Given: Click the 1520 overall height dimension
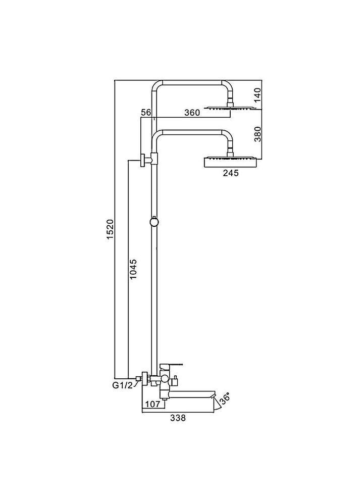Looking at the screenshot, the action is [110, 229].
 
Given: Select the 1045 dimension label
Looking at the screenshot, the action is [133, 269].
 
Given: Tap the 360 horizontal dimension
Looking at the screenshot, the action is [192, 113].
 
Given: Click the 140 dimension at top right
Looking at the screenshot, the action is [258, 94].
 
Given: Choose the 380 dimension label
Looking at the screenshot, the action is [258, 134].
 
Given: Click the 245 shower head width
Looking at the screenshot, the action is [231, 173].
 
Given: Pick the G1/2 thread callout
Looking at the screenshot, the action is [122, 386].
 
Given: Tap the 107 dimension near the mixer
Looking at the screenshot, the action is [152, 404].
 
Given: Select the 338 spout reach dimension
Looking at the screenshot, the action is [178, 418].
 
